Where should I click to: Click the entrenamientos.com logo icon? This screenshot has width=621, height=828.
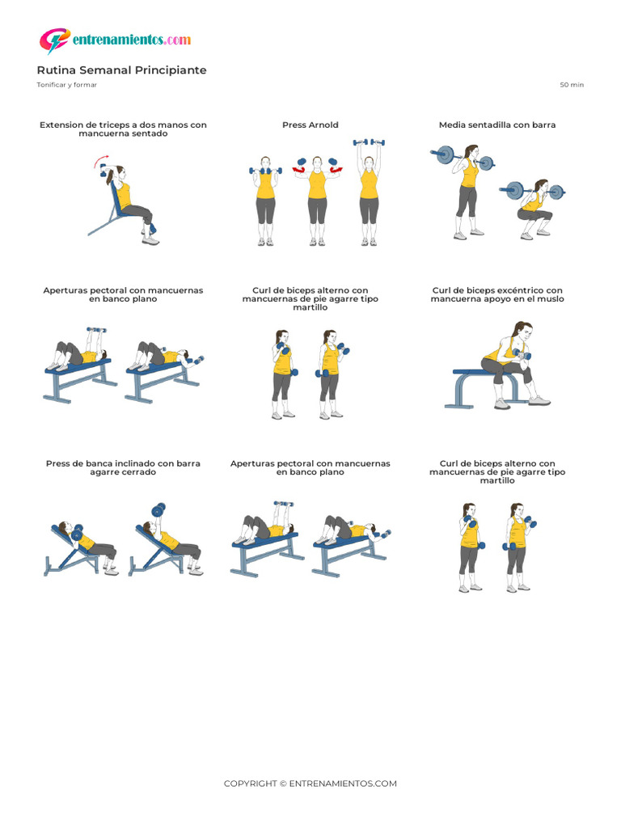(54, 40)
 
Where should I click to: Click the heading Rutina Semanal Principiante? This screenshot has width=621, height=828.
(121, 70)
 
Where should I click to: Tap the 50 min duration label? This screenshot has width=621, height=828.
(572, 84)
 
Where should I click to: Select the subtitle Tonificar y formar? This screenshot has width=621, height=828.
(66, 84)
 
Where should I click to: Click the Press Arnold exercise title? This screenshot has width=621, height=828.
(310, 125)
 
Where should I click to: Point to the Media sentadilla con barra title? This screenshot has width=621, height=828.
(497, 125)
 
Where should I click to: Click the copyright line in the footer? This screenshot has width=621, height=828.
(310, 784)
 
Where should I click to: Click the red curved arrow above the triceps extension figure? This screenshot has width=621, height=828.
(101, 160)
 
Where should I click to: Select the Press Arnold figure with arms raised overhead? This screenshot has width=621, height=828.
(369, 192)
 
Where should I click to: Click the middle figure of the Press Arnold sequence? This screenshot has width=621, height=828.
(317, 201)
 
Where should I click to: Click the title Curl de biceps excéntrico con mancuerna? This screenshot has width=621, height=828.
(497, 294)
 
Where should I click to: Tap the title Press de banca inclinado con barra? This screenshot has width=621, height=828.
(123, 468)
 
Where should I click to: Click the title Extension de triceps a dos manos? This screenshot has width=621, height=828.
(123, 129)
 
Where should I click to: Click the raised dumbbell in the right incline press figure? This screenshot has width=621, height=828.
(158, 509)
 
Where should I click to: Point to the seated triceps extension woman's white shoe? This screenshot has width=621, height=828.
(150, 241)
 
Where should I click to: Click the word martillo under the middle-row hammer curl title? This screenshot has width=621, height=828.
(310, 307)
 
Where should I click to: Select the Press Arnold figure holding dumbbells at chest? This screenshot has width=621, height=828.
(265, 201)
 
